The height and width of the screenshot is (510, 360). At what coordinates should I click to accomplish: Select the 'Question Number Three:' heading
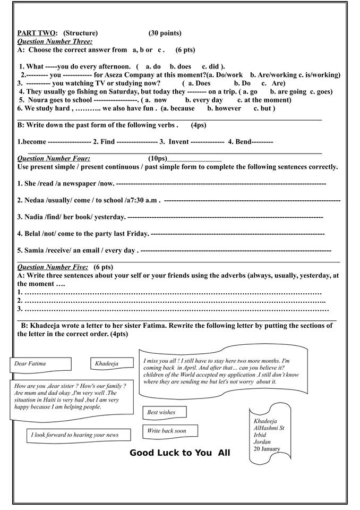tap(55, 41)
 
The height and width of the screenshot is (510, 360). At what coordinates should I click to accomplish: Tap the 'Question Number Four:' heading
tap(54, 158)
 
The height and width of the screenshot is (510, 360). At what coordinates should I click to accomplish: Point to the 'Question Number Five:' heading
tap(53, 267)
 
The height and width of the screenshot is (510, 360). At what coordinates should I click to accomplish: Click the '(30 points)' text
tap(165, 33)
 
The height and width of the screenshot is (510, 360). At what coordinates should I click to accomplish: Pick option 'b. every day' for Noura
tap(204, 100)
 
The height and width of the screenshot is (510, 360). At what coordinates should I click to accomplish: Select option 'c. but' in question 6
tap(264, 108)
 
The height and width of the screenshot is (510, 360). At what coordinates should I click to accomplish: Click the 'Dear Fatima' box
tap(40, 364)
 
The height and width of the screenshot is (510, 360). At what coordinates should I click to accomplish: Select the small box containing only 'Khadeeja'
tap(107, 364)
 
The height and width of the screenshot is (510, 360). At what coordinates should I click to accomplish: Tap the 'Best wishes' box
tap(161, 412)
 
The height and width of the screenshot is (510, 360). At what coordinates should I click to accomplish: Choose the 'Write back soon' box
tap(169, 431)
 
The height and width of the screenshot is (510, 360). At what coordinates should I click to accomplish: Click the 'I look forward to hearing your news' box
tap(78, 435)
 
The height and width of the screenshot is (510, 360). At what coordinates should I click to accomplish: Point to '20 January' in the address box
tap(267, 449)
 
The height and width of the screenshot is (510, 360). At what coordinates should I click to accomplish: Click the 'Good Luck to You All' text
tap(180, 453)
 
